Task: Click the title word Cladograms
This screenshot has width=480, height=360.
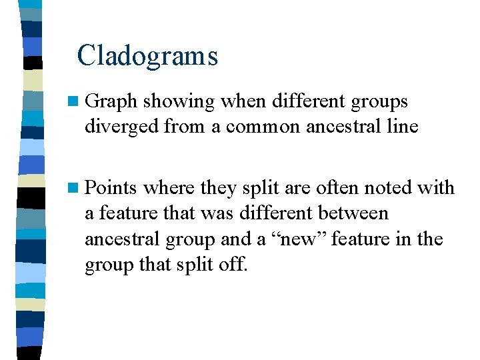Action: coord(147,55)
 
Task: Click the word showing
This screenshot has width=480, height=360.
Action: coord(179,102)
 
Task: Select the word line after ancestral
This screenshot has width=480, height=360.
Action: coord(403,126)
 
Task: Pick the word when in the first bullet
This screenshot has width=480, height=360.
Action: coord(242,102)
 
